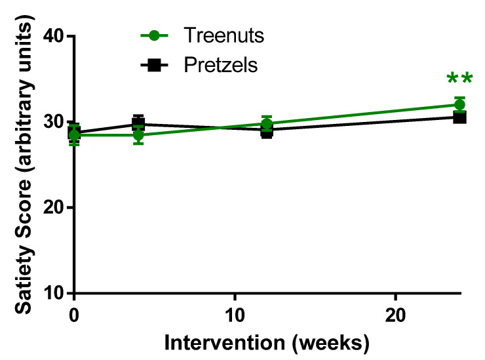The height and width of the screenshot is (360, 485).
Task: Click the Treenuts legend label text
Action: point(224,35)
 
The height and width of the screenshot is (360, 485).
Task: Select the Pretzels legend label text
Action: point(220,65)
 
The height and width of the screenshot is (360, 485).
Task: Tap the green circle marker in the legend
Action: point(157,35)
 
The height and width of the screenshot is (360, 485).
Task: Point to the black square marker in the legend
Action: point(157,65)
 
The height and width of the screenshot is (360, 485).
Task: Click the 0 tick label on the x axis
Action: point(74,314)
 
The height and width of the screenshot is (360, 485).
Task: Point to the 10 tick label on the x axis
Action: point(235,314)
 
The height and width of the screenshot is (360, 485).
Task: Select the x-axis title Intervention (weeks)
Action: point(267,343)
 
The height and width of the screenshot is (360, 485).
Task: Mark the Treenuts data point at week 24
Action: point(459,105)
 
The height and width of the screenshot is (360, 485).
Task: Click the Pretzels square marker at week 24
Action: point(460,117)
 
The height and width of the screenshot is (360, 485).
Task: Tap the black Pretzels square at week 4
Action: point(138,123)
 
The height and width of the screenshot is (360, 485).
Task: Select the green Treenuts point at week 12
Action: point(267,123)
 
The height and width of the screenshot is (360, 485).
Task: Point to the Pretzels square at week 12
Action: point(267,130)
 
